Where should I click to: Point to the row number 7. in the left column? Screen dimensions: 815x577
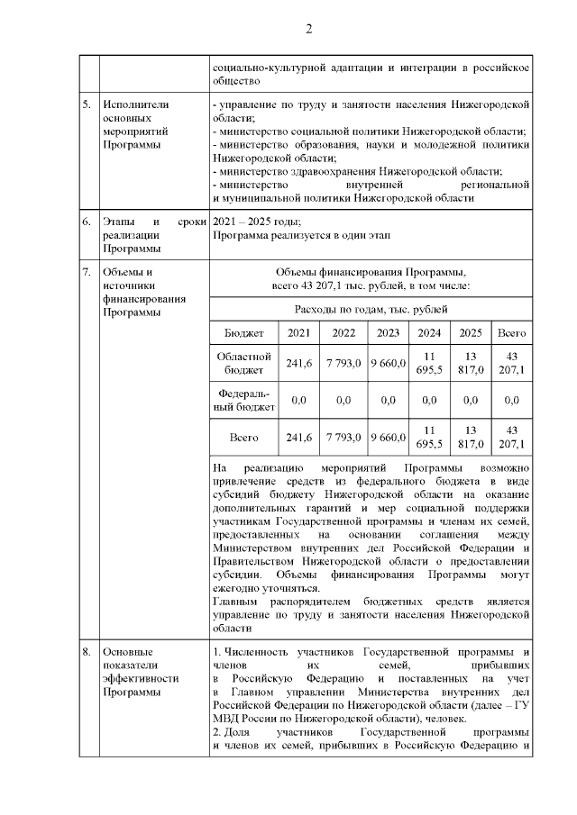86,272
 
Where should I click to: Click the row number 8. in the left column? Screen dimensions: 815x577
86,651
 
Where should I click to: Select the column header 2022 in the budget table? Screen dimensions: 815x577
343,332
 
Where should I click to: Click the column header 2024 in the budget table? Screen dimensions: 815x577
428,332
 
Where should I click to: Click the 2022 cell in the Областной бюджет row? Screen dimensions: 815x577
343,363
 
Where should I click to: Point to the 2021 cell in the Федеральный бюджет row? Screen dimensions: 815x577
298,399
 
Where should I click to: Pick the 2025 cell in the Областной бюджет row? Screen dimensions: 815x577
470,363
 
